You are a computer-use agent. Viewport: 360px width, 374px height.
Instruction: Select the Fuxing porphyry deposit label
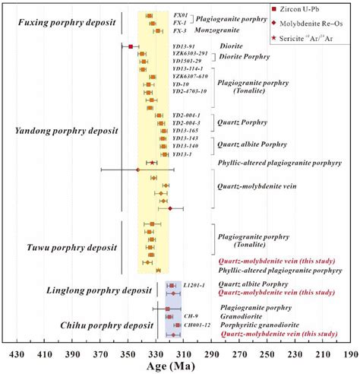pos(67,23)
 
